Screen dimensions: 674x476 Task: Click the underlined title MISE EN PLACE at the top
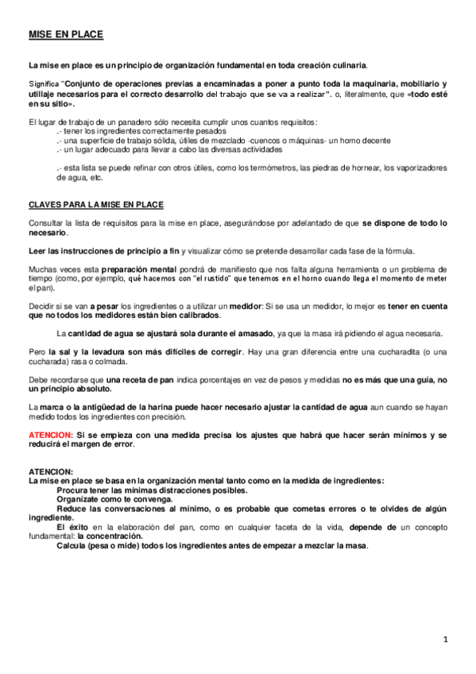point(66,35)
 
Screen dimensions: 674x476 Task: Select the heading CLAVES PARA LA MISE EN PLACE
point(95,204)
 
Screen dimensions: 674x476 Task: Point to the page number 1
point(446,639)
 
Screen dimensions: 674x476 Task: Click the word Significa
point(43,83)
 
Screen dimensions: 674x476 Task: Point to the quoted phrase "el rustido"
point(212,278)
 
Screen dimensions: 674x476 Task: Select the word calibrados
point(196,315)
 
